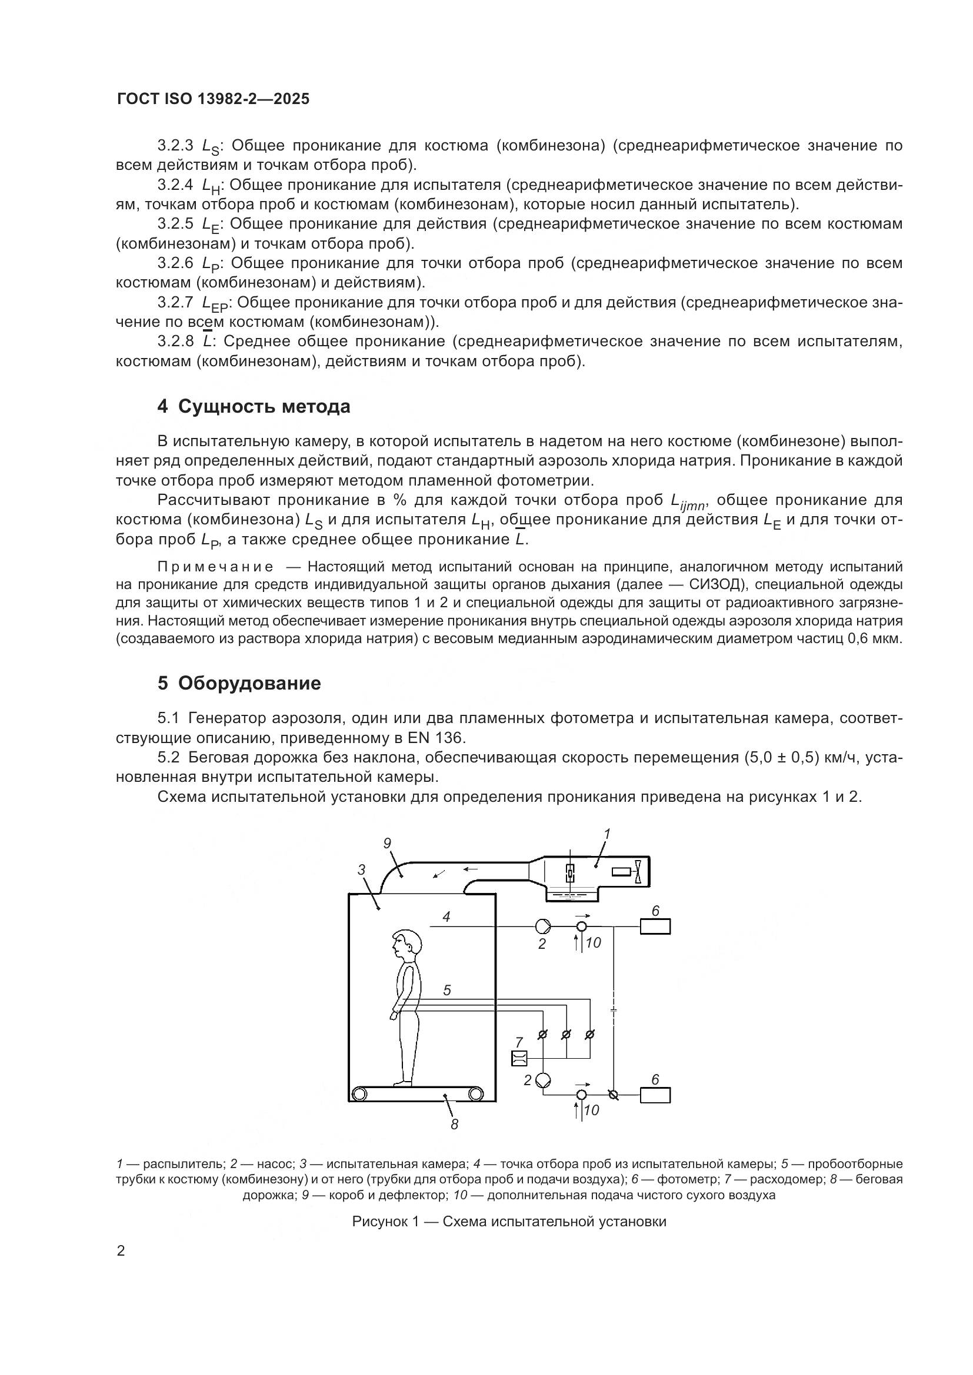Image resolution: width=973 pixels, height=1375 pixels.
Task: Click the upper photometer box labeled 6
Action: coord(654,926)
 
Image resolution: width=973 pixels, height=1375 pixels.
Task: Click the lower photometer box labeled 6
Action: coord(654,1095)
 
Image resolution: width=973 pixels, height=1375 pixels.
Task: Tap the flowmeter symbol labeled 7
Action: coord(519,1059)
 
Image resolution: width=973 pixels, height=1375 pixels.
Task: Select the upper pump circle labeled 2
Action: coord(544,926)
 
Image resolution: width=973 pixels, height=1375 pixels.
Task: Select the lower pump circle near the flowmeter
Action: coord(544,1080)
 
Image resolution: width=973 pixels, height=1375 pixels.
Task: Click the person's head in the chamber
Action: coord(406,945)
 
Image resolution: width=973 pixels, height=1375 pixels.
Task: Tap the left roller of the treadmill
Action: coord(359,1094)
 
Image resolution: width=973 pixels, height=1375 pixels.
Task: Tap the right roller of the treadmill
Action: coord(475,1094)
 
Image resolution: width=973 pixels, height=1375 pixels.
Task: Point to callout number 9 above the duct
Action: coord(387,843)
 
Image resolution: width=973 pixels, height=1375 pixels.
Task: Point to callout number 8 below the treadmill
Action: coord(454,1125)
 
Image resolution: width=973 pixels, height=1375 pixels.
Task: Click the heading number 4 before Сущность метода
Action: coord(162,407)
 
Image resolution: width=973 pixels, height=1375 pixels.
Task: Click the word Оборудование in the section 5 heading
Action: coord(249,683)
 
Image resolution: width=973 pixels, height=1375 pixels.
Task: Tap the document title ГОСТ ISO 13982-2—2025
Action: coord(214,99)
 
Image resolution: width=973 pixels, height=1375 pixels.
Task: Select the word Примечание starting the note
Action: coord(215,567)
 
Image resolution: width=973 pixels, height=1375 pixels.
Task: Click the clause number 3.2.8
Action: coord(175,342)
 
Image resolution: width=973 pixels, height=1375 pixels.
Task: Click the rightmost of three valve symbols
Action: coord(589,1034)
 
